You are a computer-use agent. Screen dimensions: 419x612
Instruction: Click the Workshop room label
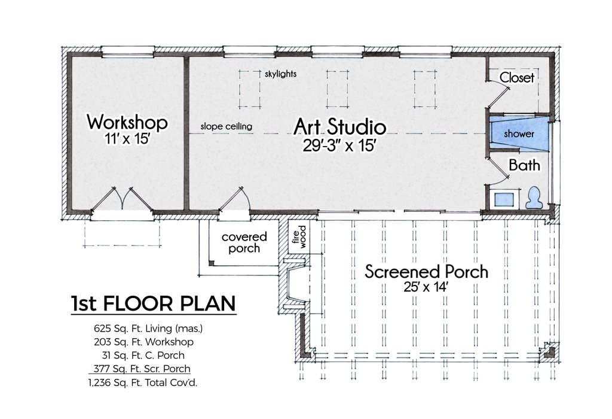(x=127, y=123)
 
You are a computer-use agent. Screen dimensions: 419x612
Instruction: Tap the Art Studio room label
(x=339, y=126)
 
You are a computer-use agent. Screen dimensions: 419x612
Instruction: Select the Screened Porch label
(x=426, y=272)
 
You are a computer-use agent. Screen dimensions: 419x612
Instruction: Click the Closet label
(x=516, y=77)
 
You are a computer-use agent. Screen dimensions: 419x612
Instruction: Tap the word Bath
(x=524, y=165)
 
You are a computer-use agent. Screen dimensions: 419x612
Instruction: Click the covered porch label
(x=244, y=242)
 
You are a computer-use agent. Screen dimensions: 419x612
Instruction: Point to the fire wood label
(x=299, y=235)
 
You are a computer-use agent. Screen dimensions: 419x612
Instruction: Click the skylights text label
(x=280, y=75)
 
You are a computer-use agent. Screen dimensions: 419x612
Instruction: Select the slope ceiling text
(x=226, y=127)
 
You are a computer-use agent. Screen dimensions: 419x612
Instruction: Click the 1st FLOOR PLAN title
(x=152, y=303)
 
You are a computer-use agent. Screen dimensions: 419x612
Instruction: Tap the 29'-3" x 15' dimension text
(x=339, y=145)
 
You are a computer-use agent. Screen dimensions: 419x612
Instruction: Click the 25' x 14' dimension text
(x=426, y=288)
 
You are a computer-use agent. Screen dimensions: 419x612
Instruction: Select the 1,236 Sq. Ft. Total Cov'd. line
(x=145, y=382)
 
